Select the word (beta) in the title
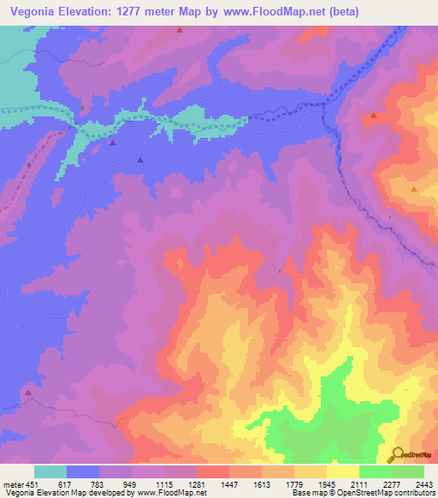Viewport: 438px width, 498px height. coord(340,12)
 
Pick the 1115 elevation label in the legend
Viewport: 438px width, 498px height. coord(164,484)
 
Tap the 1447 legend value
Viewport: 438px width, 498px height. coord(229,484)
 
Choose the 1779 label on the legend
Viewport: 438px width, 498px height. coord(294,484)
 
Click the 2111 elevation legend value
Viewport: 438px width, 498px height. coord(359,484)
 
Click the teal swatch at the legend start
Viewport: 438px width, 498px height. coord(50,471)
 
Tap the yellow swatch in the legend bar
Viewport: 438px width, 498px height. coord(343,471)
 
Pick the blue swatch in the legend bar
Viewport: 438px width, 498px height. coord(83,471)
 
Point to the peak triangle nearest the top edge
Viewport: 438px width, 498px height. coord(180,30)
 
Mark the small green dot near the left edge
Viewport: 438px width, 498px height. coord(29,164)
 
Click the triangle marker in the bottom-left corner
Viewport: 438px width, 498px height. coord(27,394)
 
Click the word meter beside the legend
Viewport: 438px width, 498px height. coord(12,484)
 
